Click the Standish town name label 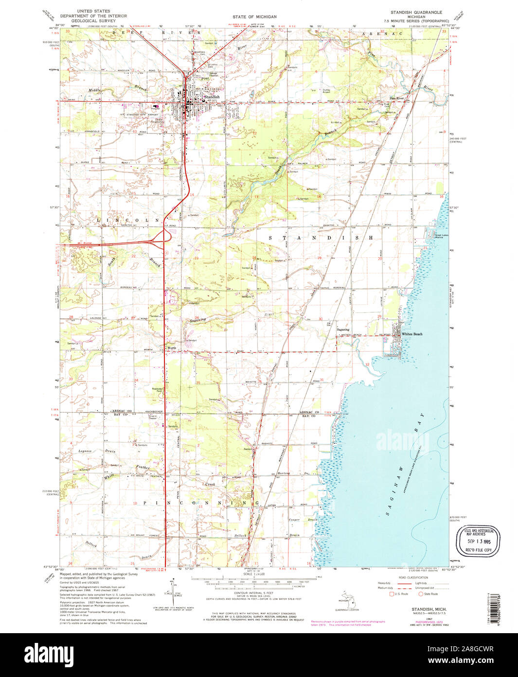pos(212,97)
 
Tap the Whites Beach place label pos(412,334)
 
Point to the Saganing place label pos(343,329)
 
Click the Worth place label pos(172,348)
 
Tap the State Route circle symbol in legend pos(421,594)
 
